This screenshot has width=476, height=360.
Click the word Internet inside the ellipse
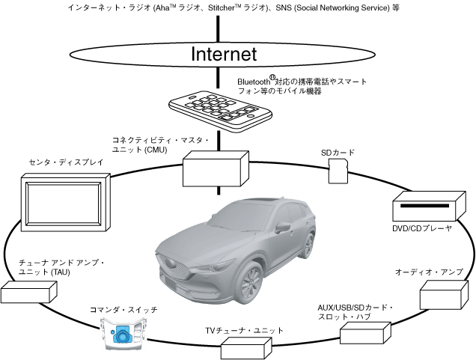224,54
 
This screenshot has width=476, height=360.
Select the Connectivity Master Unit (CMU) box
215,168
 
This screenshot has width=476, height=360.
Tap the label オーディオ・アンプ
430,271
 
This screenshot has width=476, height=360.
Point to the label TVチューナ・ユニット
245,330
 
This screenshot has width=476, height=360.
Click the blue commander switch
122,334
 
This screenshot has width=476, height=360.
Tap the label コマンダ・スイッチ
123,309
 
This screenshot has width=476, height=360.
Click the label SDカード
338,153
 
